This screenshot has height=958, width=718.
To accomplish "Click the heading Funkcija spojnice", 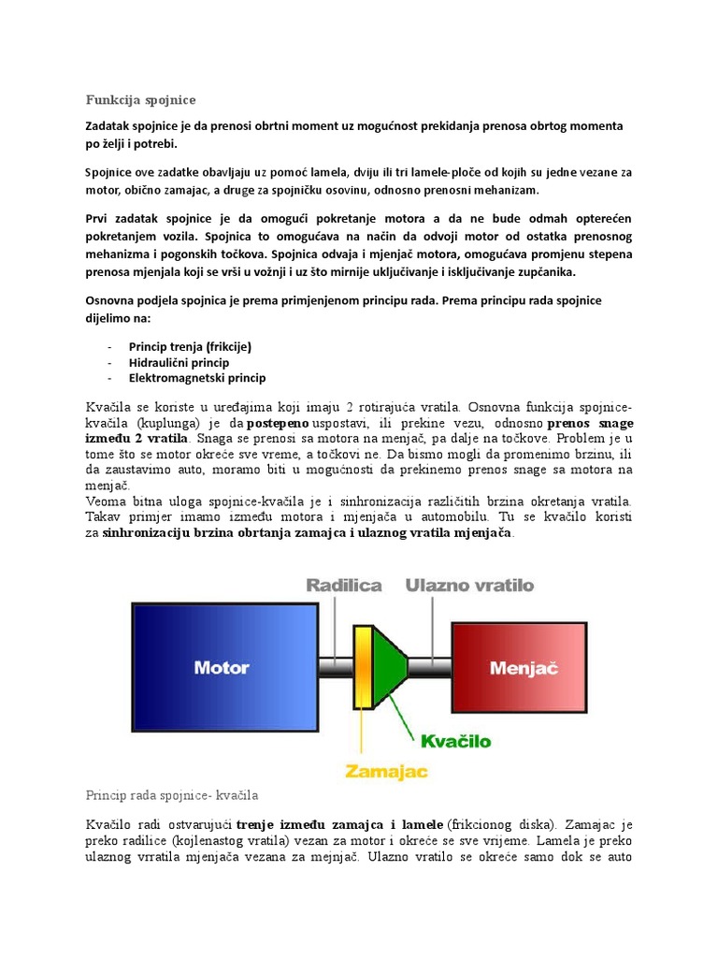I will coord(141,100).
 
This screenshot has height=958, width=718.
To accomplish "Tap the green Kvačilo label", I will coord(455,741).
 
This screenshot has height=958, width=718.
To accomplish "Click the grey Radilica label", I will coord(344,586).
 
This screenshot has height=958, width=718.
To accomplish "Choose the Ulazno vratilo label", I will coord(469,586).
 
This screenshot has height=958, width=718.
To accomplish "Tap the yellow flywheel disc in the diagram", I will coord(361,667).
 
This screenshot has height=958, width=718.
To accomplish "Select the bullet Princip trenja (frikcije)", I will coord(190,346).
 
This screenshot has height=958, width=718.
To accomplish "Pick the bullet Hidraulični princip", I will coord(179,362).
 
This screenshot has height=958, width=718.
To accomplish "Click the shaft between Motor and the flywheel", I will coord(334,667).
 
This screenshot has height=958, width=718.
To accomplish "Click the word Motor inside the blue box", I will coord(221,667).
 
